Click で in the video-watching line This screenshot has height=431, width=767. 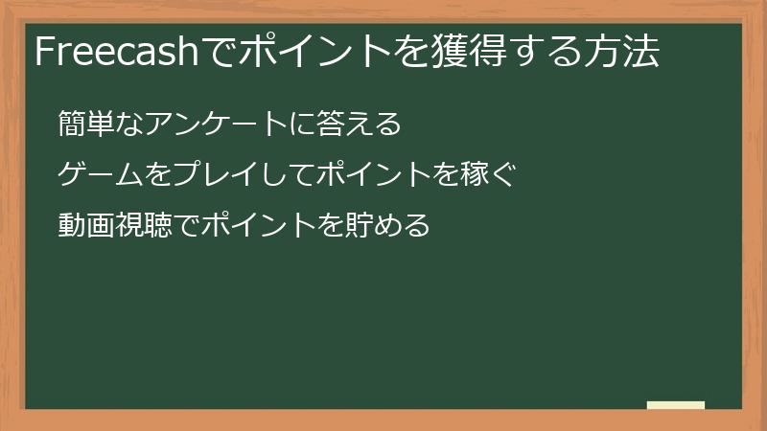[x=182, y=226]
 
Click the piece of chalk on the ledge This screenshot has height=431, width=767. [x=675, y=405]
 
